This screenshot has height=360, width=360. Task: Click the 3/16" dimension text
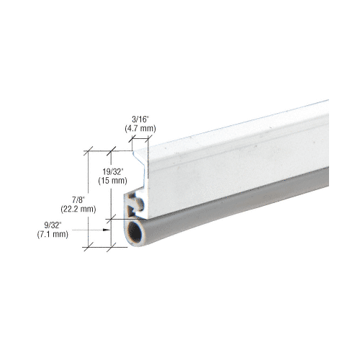[x=140, y=120]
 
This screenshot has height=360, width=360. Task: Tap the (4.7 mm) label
[x=140, y=129]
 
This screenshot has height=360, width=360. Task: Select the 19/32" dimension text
[x=112, y=171]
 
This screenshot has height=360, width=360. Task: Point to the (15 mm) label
[x=112, y=181]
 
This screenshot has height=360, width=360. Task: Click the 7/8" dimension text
[x=78, y=199]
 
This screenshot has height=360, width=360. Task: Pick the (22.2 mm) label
[x=78, y=209]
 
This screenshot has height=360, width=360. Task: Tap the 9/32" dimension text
[x=53, y=225]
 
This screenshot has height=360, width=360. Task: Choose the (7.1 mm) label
[x=53, y=234]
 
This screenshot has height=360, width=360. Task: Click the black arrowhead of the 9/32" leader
[x=107, y=230]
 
